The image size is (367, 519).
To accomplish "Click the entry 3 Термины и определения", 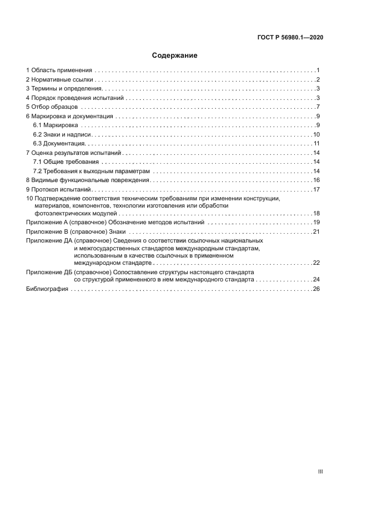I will click(64, 89).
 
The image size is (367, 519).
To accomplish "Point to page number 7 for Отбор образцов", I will click(317, 107).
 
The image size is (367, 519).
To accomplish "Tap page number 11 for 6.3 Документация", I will click(316, 144).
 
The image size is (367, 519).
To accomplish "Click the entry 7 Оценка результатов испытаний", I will click(73, 153).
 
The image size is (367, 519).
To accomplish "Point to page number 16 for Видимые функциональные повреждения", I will click(316, 180).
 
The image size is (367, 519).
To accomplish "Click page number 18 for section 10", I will click(316, 213).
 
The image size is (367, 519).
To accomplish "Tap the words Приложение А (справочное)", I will click(63, 222).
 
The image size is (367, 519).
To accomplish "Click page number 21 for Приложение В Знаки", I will click(316, 231).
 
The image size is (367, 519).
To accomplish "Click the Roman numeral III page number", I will click(320, 471).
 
